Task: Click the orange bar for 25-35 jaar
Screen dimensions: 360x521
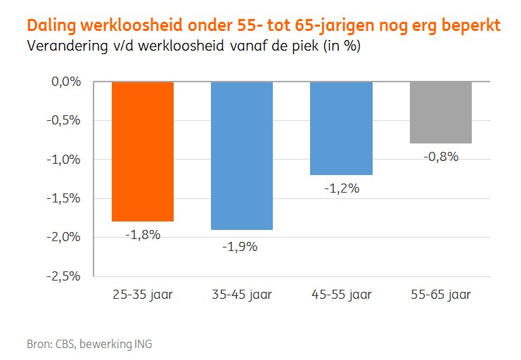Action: coord(143,151)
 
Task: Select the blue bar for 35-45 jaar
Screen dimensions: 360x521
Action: coord(242,155)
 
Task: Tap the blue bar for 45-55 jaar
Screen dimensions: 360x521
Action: coord(341,128)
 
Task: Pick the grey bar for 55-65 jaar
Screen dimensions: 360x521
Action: coord(441,112)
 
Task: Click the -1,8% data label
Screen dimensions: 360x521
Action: coord(143,235)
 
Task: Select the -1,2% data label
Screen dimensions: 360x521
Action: coord(341,188)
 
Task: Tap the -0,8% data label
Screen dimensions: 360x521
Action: coord(441,157)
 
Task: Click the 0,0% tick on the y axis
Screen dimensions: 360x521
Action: coord(67,82)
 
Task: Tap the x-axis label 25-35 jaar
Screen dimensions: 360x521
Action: coord(143,295)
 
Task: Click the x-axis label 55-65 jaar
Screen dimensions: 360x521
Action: coord(441,295)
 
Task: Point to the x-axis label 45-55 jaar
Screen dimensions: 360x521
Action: coord(341,295)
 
